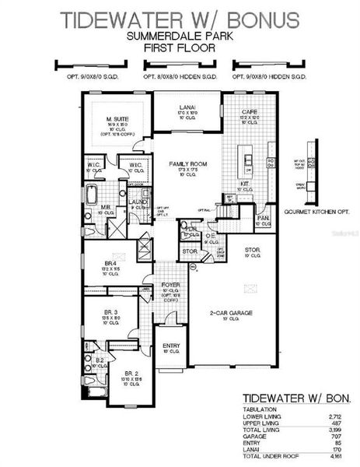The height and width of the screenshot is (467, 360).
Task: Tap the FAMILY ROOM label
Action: [x=188, y=164]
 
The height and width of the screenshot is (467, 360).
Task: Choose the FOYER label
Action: [x=171, y=285]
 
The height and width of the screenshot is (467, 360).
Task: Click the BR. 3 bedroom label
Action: [x=110, y=313]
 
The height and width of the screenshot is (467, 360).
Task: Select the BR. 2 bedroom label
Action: [x=131, y=374]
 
